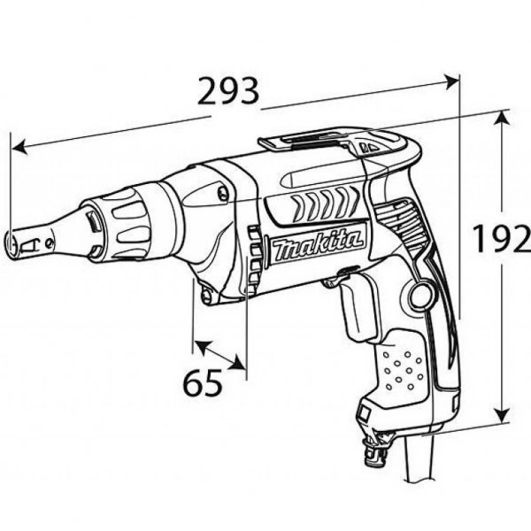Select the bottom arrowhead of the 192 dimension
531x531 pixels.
[x=504, y=419]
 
